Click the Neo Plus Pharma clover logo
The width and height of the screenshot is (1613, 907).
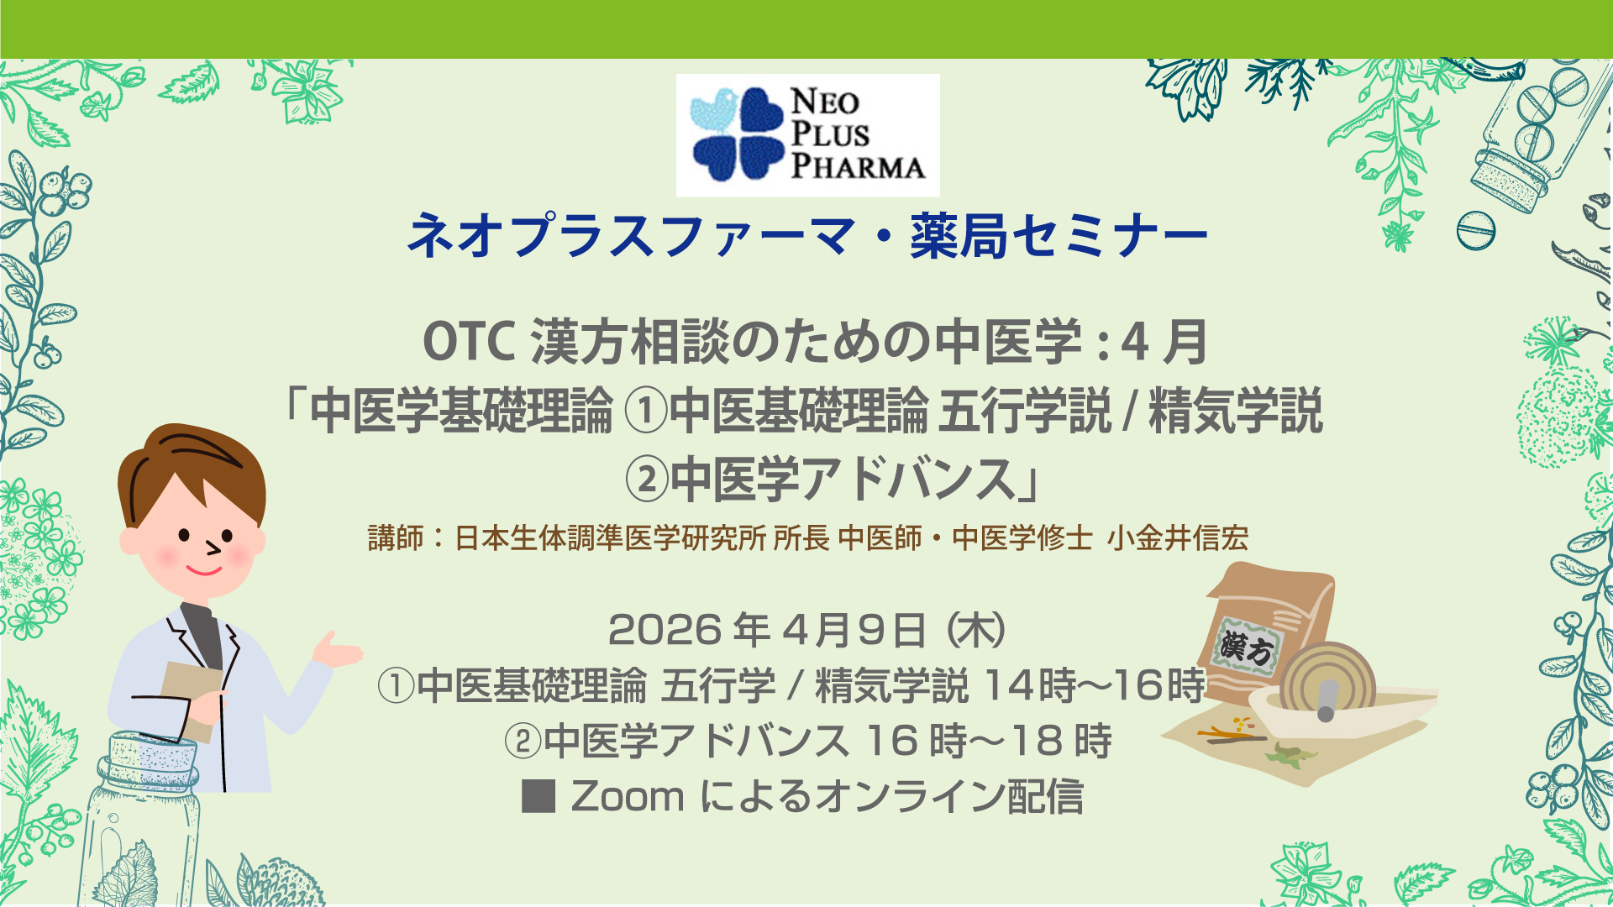click(x=737, y=134)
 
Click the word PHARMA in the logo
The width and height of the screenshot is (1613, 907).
click(x=858, y=165)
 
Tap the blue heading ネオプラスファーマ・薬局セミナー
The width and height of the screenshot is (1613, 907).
click(x=807, y=236)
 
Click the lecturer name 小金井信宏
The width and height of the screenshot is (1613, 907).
click(x=1178, y=537)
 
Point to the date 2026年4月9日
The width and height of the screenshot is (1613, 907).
click(x=767, y=630)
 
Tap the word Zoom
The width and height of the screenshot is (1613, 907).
click(x=628, y=797)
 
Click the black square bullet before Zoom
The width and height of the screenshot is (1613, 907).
click(x=539, y=796)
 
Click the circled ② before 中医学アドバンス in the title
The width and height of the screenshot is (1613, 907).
click(x=647, y=480)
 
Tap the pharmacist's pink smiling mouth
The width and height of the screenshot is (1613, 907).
click(x=203, y=571)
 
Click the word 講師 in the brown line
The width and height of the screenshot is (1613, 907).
click(x=396, y=537)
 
